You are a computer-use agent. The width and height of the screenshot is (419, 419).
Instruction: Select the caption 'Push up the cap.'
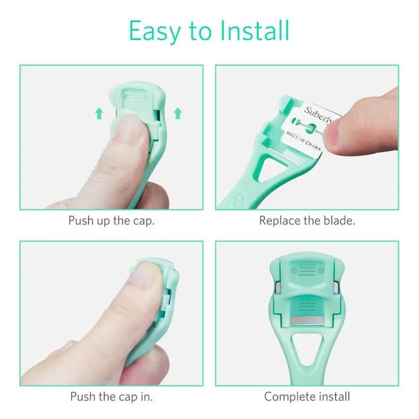[x=111, y=220]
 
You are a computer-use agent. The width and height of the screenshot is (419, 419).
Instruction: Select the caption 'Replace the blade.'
[x=307, y=220]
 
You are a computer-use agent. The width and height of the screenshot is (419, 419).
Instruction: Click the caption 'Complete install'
[x=307, y=396]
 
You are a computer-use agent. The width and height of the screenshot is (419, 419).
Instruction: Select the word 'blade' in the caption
[x=336, y=220]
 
